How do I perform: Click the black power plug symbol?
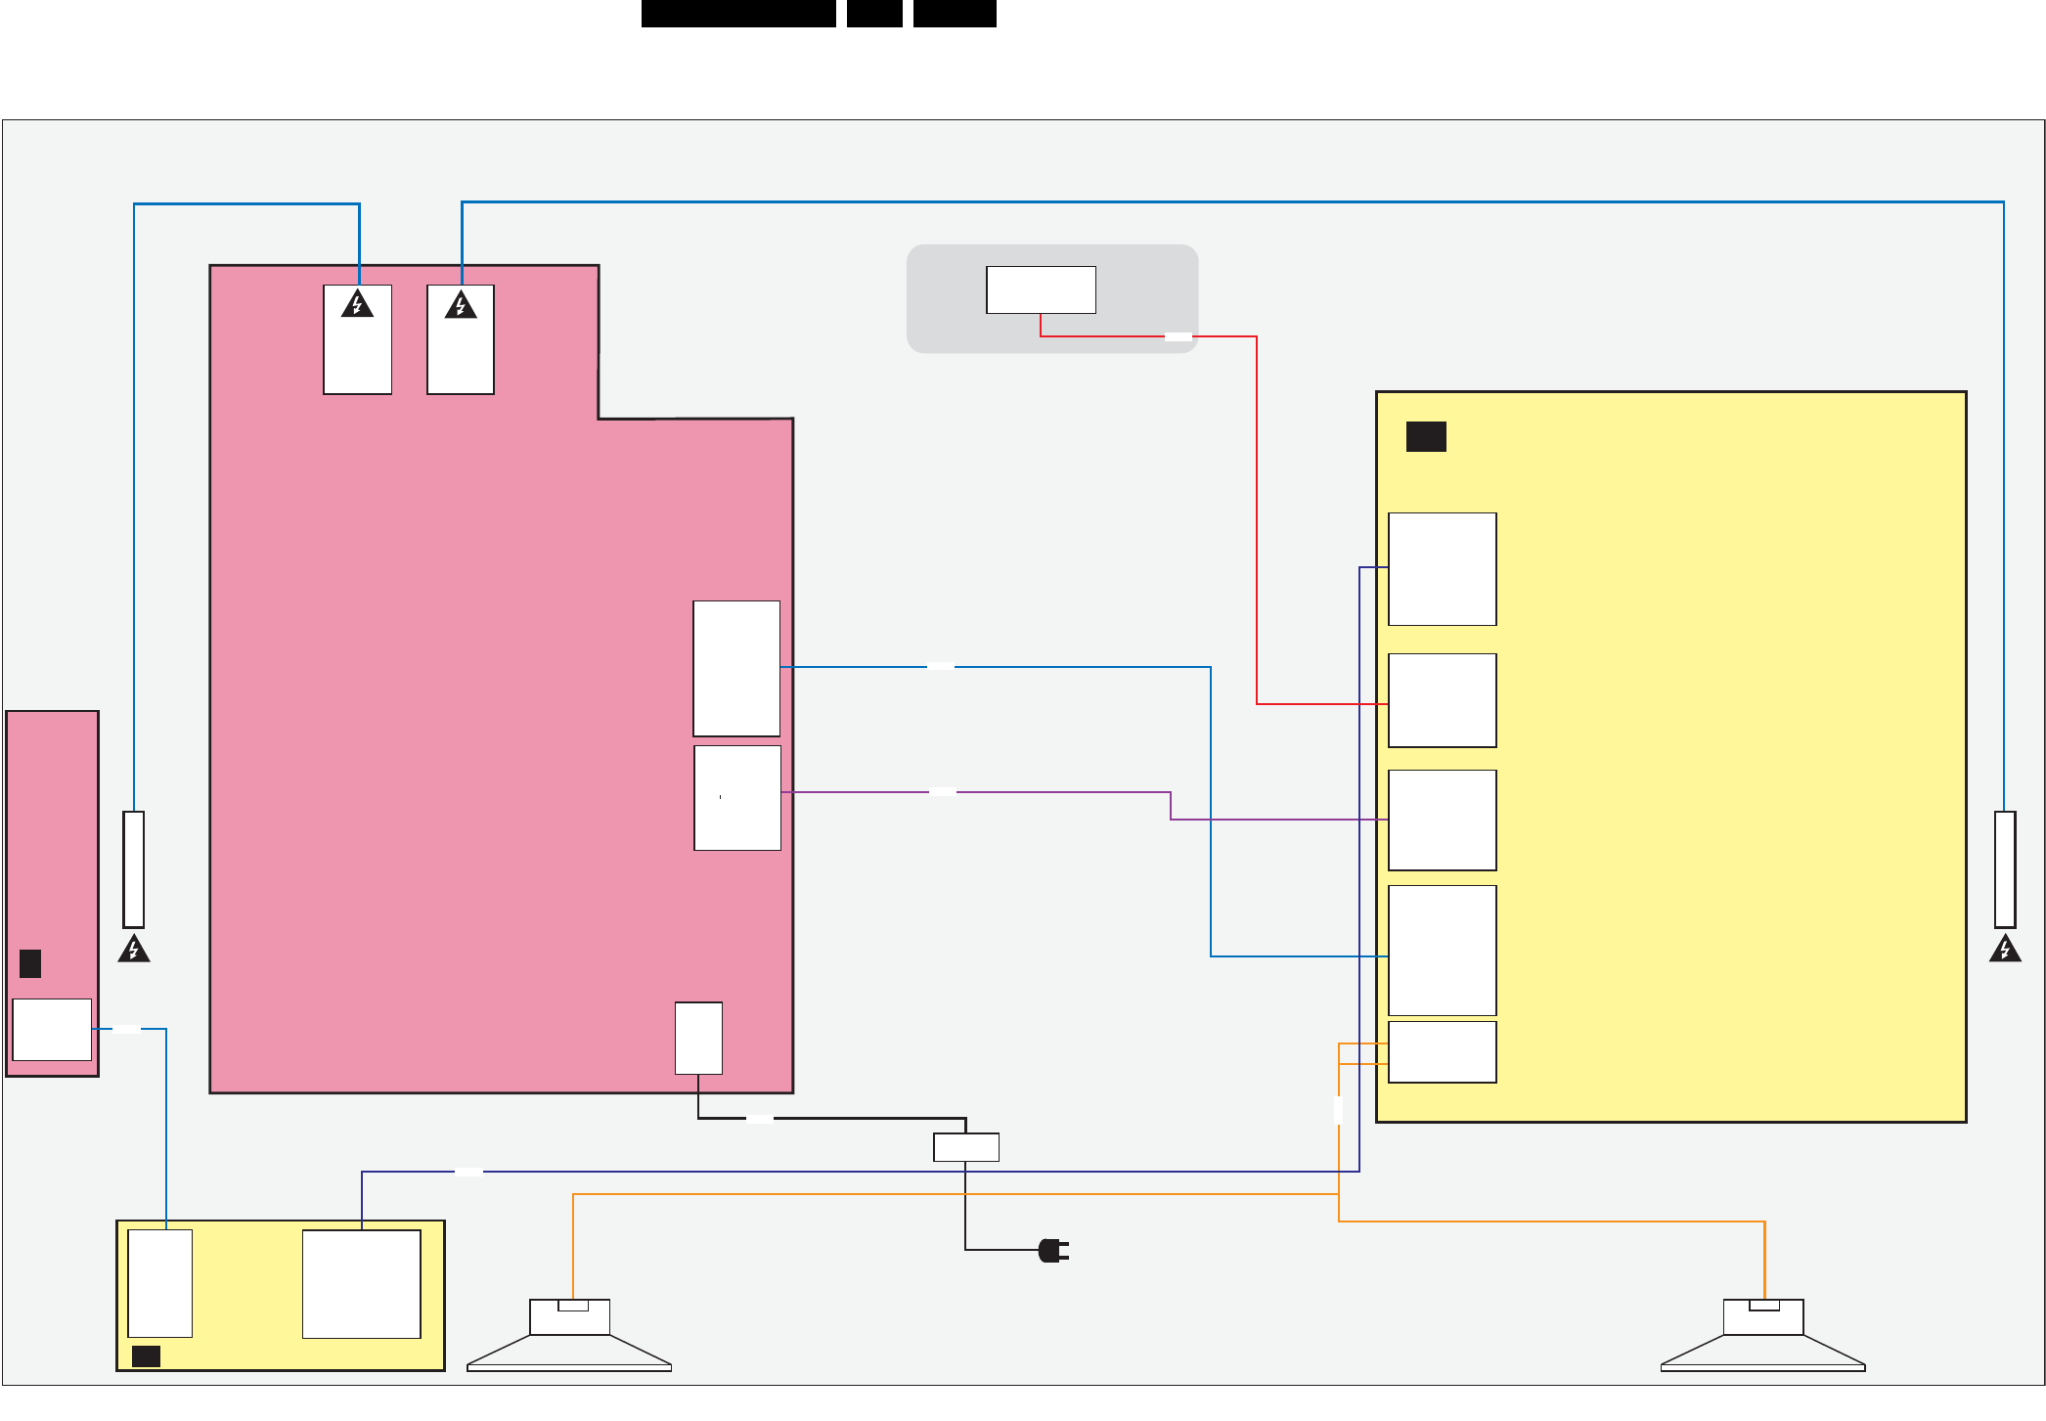coord(1052,1250)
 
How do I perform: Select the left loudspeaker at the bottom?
coord(569,1335)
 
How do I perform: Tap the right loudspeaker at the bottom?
coord(1763,1335)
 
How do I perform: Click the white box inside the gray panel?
coord(1041,289)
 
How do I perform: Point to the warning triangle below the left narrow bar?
coord(134,949)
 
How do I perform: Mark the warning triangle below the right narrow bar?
coord(2005,949)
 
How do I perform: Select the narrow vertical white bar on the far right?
coord(2005,868)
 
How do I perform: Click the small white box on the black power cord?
coord(966,1147)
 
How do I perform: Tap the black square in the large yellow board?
coord(1426,436)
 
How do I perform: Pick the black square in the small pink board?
coord(30,963)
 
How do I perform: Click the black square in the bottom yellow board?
coord(146,1355)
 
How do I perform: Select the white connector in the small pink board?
coord(52,1029)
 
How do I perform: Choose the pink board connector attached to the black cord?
coord(698,1038)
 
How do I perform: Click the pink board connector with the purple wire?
coord(737,798)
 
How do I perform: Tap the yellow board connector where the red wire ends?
coord(1443,700)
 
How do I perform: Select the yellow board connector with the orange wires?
coord(1443,1052)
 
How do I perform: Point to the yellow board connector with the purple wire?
coord(1443,820)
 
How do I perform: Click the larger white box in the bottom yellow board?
coord(362,1283)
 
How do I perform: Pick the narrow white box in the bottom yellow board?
coord(160,1283)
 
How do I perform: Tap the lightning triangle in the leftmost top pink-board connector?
coord(358,304)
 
